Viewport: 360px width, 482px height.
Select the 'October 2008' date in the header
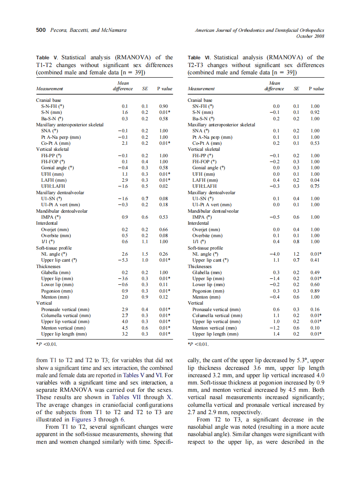coord(310,36)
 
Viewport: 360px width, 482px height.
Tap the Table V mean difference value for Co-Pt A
coord(125,143)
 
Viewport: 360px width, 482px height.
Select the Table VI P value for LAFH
coord(315,180)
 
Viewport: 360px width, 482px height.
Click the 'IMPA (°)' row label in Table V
coord(51,217)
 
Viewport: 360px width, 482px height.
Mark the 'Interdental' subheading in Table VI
coord(198,223)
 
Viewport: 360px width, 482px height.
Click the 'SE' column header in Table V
coord(145,89)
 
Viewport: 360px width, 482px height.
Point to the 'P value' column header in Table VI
coord(316,89)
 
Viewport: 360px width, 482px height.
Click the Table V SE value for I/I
coord(145,242)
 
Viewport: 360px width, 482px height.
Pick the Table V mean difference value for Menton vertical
coord(125,328)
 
